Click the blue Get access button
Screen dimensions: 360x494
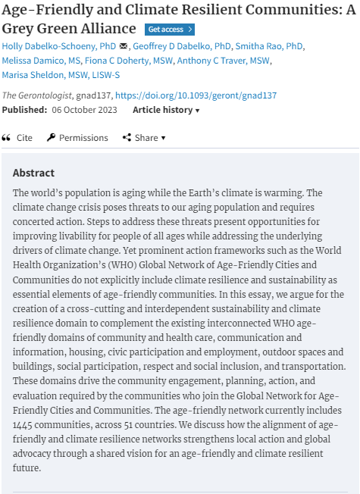tap(170, 30)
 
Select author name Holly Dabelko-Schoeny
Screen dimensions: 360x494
tap(58, 46)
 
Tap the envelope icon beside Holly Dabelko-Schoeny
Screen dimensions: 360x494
tap(124, 46)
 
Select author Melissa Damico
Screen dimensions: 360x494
tap(40, 61)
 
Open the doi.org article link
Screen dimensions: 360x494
tap(196, 95)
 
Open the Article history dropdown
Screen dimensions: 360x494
tap(166, 110)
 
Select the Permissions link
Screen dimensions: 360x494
tap(83, 138)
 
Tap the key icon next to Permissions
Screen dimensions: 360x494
tap(52, 138)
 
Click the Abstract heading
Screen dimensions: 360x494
tap(34, 173)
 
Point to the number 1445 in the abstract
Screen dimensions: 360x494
tap(27, 425)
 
